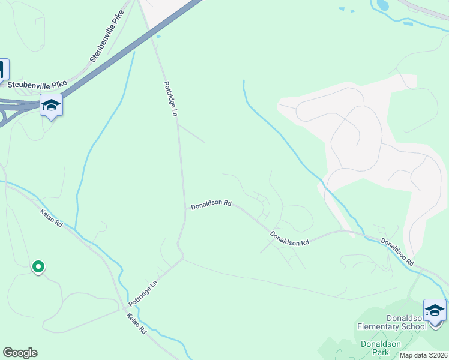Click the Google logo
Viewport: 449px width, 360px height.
pos(20,353)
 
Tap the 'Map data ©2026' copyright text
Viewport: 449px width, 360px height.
pos(424,355)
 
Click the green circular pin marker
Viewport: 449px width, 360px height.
pos(38,266)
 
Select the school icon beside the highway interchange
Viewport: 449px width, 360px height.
pos(52,106)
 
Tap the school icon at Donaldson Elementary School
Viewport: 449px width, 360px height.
pos(435,310)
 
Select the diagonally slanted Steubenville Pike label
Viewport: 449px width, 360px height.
pos(106,36)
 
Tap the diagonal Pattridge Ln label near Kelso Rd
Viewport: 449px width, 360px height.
pos(143,292)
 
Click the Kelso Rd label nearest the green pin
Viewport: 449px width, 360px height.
pos(52,218)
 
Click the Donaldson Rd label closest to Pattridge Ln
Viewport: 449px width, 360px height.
pos(211,205)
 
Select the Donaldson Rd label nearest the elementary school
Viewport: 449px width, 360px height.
pos(397,251)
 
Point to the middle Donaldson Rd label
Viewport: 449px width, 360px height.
pos(289,239)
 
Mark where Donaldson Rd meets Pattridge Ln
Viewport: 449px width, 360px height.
pos(184,208)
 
